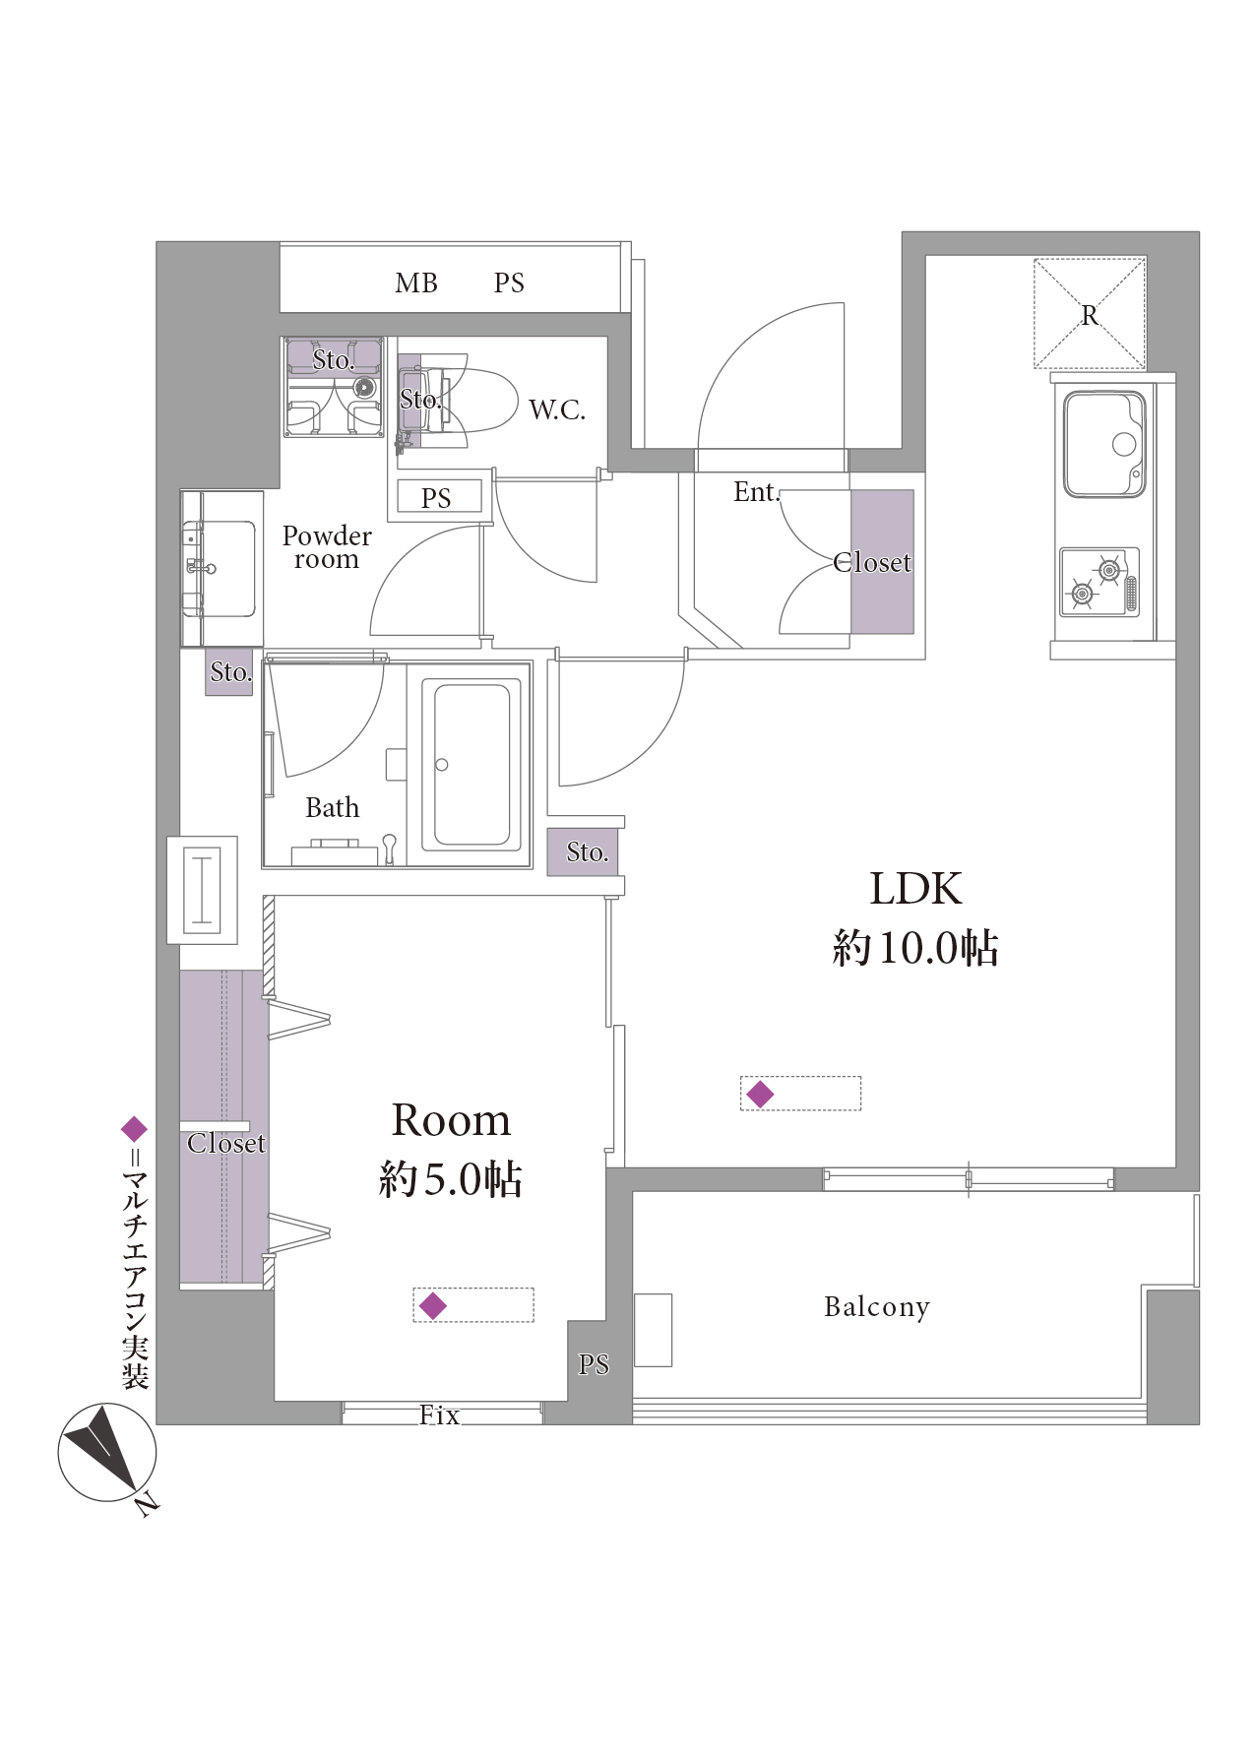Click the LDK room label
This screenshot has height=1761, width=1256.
pyautogui.click(x=915, y=888)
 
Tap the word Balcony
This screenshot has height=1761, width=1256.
pyautogui.click(x=876, y=1306)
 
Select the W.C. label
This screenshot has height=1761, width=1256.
pyautogui.click(x=557, y=409)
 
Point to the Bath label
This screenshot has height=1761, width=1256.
pyautogui.click(x=333, y=807)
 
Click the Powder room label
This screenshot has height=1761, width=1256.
pyautogui.click(x=327, y=547)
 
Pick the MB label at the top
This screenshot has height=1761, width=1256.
pyautogui.click(x=416, y=283)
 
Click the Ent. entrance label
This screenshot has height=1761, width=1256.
pyautogui.click(x=756, y=491)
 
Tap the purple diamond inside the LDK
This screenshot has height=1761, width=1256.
pyautogui.click(x=760, y=1094)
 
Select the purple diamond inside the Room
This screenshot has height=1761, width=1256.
pyautogui.click(x=433, y=1305)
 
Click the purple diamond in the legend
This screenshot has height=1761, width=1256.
pyautogui.click(x=134, y=1129)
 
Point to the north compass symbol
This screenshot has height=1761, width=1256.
pyautogui.click(x=106, y=1453)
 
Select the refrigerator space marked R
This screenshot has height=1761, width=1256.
pyautogui.click(x=1090, y=314)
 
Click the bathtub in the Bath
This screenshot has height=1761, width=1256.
pyautogui.click(x=472, y=764)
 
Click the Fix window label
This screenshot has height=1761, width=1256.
pyautogui.click(x=439, y=1415)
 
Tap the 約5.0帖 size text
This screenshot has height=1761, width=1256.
pyautogui.click(x=451, y=1178)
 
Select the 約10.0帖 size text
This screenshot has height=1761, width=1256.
pyautogui.click(x=915, y=947)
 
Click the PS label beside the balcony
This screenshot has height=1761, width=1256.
pyautogui.click(x=594, y=1364)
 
